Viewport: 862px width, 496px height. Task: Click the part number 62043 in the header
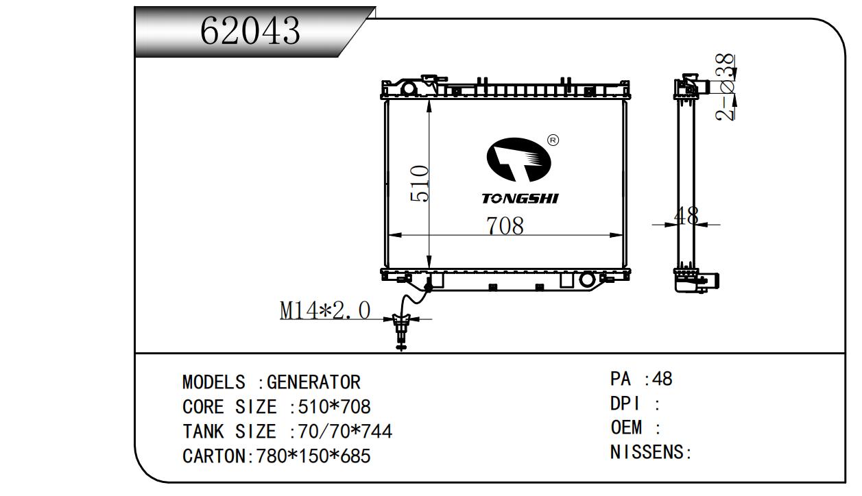250,31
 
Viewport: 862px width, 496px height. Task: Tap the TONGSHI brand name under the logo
520,199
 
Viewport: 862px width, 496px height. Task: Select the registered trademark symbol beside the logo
553,140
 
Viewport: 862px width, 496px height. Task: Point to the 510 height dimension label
420,184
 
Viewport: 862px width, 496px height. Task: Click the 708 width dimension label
505,225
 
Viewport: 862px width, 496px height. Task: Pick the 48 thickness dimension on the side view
686,216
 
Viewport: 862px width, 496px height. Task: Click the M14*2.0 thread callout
324,310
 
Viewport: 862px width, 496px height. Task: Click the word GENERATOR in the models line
313,382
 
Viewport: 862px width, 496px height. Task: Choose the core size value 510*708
330,407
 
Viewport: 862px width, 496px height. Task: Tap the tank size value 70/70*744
341,432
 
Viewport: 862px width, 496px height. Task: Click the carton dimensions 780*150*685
313,456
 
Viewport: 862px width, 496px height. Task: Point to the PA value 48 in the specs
663,379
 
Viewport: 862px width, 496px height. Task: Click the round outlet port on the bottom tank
587,280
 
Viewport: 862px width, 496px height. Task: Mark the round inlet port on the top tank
409,89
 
